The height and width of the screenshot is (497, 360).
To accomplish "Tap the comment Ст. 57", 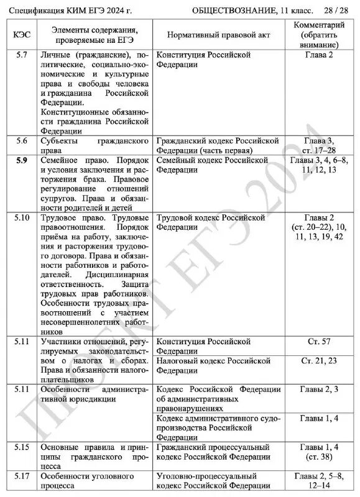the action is click(x=320, y=342).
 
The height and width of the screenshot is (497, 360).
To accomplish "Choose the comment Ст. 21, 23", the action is click(x=320, y=361).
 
